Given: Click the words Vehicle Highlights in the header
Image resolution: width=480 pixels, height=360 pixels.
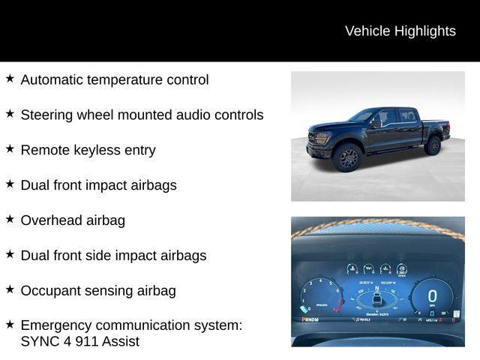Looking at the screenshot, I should click(400, 31).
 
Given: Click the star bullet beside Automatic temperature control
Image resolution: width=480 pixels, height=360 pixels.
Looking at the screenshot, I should click(10, 78).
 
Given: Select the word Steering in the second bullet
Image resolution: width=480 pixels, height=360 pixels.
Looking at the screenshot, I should click(46, 115).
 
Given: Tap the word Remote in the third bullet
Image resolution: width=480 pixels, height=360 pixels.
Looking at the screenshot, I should click(44, 150).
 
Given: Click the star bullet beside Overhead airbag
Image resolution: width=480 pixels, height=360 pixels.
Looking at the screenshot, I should click(10, 219).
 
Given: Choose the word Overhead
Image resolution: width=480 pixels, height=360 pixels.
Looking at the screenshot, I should click(51, 220).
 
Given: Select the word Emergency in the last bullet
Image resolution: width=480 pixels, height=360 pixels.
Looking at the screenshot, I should click(56, 325).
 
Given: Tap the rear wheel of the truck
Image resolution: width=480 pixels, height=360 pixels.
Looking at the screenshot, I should click(433, 145).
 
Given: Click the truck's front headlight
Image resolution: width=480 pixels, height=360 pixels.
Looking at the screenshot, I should click(321, 138).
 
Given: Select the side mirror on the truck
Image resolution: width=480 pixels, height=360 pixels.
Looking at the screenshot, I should click(376, 124).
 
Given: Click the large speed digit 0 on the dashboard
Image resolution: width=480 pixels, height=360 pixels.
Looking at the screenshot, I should click(432, 296).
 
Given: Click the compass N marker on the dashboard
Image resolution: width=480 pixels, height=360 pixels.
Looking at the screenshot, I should click(377, 288).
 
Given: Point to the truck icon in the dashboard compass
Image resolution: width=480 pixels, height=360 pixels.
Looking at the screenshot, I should click(377, 300).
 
